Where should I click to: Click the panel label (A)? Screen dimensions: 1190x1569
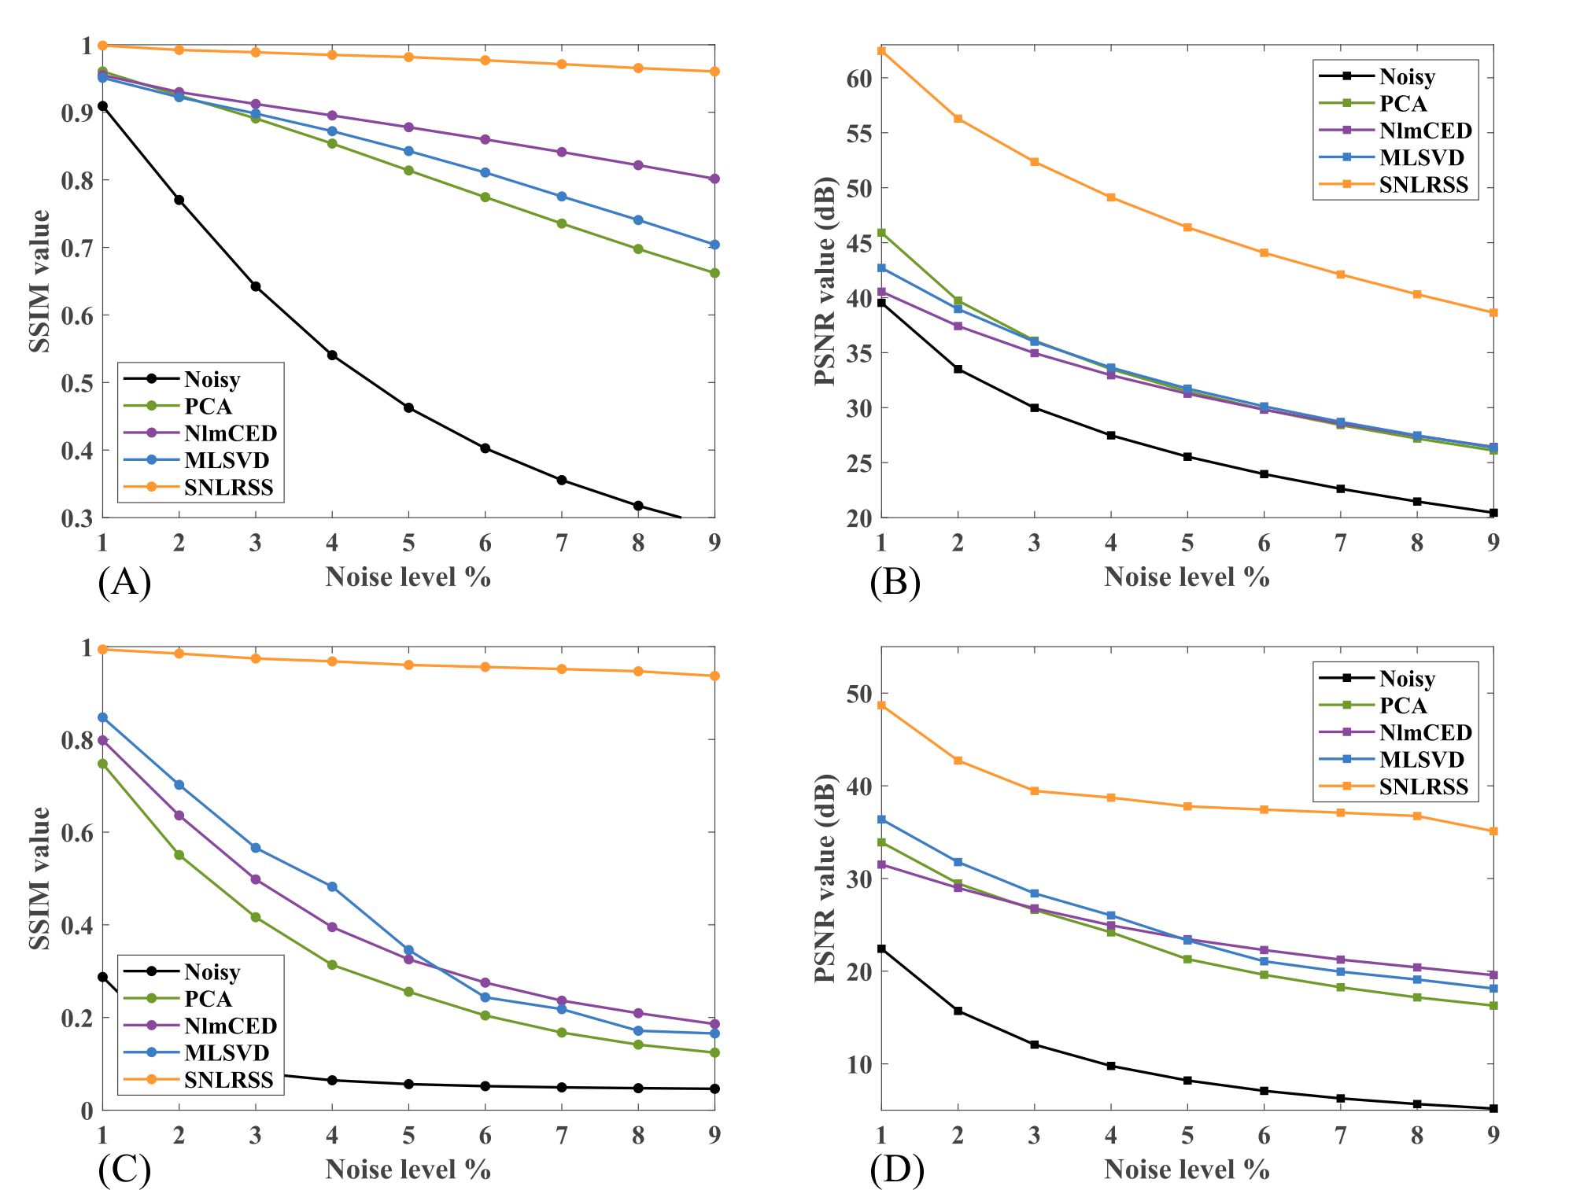pos(124,583)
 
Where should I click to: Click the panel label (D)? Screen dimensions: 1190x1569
pos(896,1170)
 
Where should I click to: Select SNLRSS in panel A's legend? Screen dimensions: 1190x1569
pos(228,488)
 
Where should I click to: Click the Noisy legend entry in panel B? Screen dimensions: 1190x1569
pos(1407,76)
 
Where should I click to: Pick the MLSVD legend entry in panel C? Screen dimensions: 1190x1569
pos(227,1053)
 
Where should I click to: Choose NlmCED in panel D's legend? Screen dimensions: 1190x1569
pos(1425,733)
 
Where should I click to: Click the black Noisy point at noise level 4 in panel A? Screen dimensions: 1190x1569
pos(332,356)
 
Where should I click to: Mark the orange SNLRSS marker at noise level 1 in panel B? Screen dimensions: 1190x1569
pos(881,50)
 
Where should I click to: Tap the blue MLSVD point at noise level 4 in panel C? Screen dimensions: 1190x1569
pos(332,887)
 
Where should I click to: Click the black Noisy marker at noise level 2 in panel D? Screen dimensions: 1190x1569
pos(958,1011)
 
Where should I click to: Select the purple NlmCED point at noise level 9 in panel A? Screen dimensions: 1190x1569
pos(714,179)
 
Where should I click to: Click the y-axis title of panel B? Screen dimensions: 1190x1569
pos(824,281)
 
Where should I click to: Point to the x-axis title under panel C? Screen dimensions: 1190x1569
pos(408,1170)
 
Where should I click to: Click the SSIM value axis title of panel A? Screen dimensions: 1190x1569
pos(39,281)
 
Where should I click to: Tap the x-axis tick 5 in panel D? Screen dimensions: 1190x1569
pos(1187,1135)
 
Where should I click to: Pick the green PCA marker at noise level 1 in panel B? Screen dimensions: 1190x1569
pos(881,233)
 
